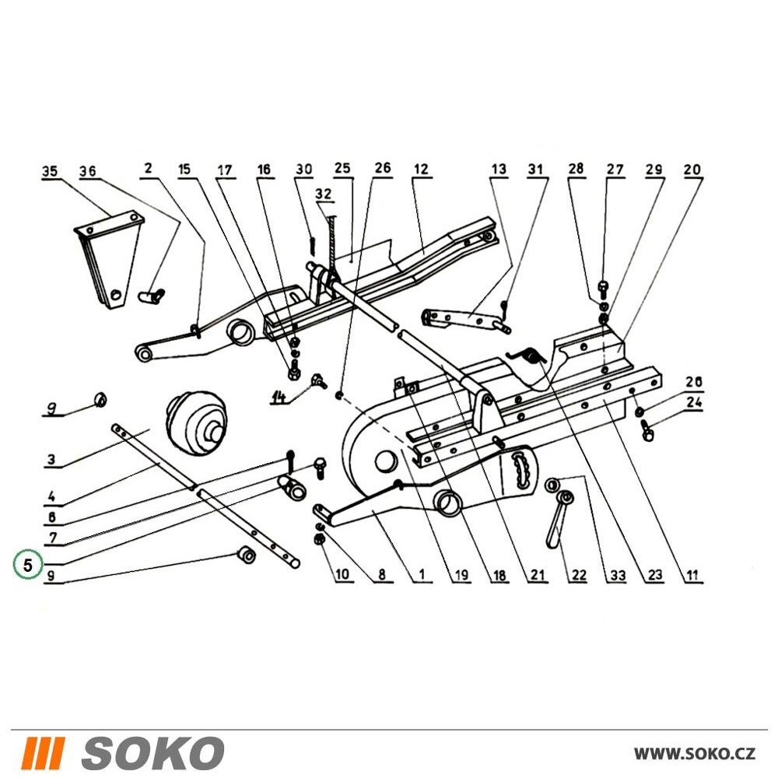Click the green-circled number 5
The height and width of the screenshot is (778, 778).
(28, 565)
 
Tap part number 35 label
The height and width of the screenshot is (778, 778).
(49, 172)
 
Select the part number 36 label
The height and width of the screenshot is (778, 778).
(88, 171)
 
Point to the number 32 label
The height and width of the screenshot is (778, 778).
(324, 194)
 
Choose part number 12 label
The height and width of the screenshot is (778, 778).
(421, 169)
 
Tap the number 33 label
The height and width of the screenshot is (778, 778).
(618, 575)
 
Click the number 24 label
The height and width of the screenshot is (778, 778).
(694, 402)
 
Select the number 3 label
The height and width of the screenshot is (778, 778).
(51, 460)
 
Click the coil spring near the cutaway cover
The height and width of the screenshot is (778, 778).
(528, 356)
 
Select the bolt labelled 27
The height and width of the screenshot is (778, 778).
(604, 288)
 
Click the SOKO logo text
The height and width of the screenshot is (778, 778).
(152, 752)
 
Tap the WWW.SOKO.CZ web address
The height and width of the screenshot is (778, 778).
(695, 753)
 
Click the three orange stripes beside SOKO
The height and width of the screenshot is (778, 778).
(44, 752)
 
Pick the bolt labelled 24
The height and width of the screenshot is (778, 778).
(646, 429)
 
